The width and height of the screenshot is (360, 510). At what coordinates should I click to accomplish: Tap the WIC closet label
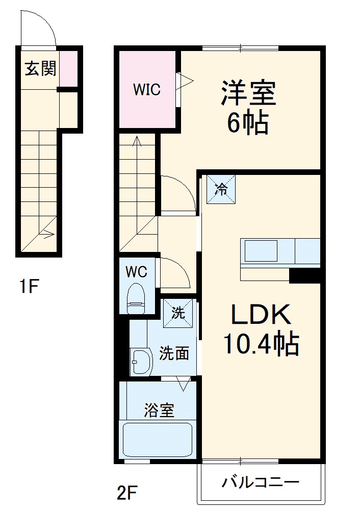point(147,90)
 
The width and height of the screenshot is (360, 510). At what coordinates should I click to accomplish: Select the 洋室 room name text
point(248,93)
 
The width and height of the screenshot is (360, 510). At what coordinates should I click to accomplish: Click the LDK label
point(261,316)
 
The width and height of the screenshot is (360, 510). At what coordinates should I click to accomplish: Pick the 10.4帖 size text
point(260,345)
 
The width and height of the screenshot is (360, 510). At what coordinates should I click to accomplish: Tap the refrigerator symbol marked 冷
point(222,189)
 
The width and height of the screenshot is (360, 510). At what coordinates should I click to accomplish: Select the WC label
point(136,272)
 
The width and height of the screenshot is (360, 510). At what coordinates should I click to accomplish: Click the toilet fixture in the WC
point(136,300)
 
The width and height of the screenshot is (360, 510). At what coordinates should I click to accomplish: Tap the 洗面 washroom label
point(174,353)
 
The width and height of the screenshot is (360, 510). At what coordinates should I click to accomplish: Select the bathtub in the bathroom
point(158,440)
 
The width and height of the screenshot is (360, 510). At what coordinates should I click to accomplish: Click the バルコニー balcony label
point(260,482)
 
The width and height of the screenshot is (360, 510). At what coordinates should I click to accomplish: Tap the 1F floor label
point(29,287)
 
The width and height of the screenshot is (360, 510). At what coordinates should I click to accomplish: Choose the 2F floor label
point(127,493)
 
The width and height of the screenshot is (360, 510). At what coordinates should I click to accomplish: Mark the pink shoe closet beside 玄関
point(69,68)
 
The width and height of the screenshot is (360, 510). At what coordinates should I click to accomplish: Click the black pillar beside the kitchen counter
point(304,275)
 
